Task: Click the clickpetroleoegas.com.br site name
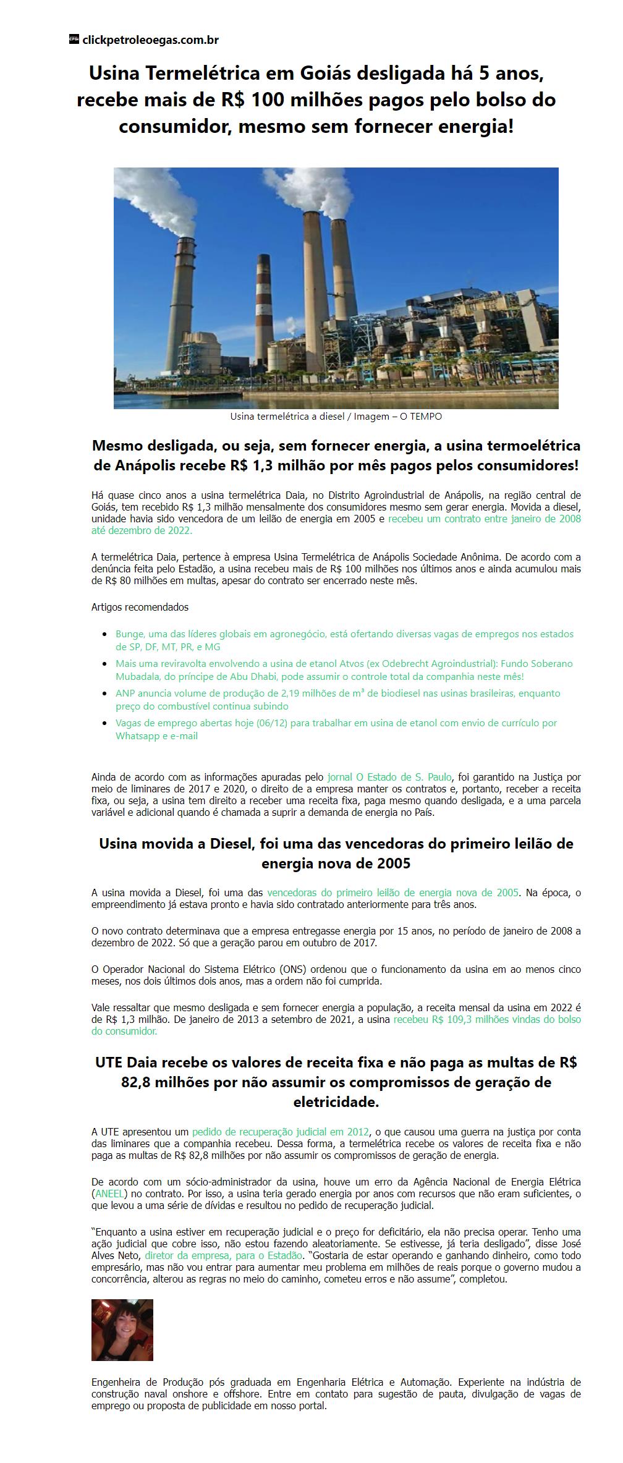pyautogui.click(x=150, y=40)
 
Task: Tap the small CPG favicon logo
pyautogui.click(x=74, y=40)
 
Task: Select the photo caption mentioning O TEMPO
pyautogui.click(x=336, y=417)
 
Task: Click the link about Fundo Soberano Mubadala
pyautogui.click(x=344, y=670)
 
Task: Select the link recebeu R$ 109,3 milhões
pyautogui.click(x=487, y=1020)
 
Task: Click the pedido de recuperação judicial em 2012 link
pyautogui.click(x=280, y=1132)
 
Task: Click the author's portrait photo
pyautogui.click(x=122, y=1330)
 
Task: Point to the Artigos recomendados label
pyautogui.click(x=140, y=607)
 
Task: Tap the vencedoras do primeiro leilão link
pyautogui.click(x=392, y=893)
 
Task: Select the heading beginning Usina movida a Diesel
pyautogui.click(x=336, y=853)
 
